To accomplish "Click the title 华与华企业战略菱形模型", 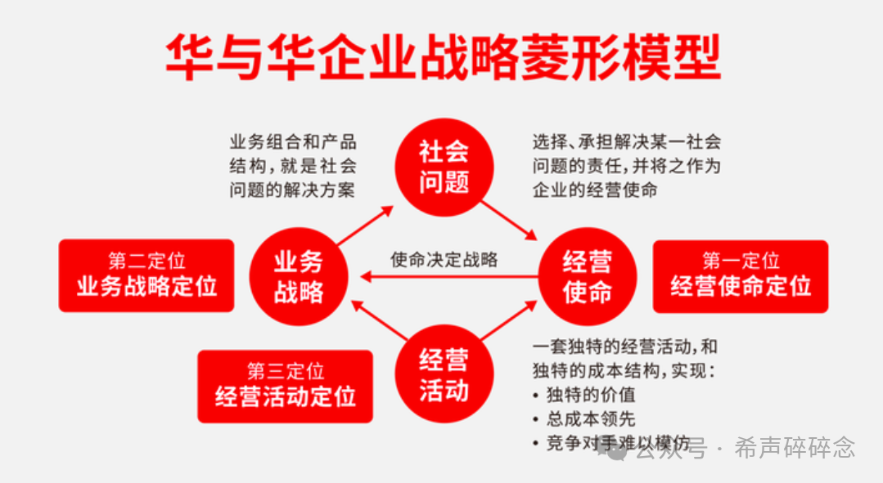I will tap(443, 58).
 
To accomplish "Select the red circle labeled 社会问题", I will tap(444, 167).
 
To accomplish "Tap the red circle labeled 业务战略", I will tap(299, 277).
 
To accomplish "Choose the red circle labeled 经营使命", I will tap(587, 277).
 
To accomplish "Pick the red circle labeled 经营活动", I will tap(444, 374).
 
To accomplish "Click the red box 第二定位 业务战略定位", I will tap(146, 275).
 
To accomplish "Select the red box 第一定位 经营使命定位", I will tap(740, 275).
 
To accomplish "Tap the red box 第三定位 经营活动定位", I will tap(286, 386).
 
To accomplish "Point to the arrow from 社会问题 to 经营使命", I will tap(509, 218).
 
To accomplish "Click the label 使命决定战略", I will tap(444, 260).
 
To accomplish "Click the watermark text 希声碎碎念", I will tap(795, 448).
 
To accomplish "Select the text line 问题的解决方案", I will tap(292, 190).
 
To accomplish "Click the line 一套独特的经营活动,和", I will tap(624, 346).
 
